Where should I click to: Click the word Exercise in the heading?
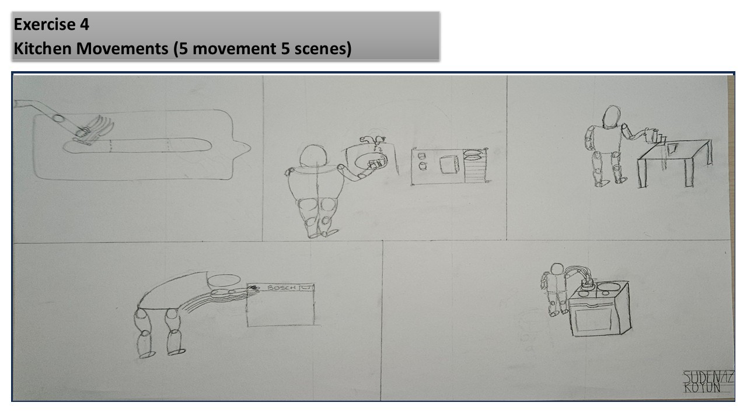click(44, 24)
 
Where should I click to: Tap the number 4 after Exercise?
click(85, 24)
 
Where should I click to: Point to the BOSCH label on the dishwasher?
click(281, 288)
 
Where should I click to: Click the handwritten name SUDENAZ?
click(708, 377)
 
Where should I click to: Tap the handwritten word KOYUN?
click(701, 388)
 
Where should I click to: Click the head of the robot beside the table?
click(611, 117)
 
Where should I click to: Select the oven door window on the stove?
click(594, 320)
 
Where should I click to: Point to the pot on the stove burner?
click(588, 283)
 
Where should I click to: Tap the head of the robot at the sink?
click(313, 156)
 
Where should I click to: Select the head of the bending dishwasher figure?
click(224, 281)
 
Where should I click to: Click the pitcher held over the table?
click(651, 136)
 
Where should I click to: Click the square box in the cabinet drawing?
click(449, 164)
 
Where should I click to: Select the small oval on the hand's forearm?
click(59, 118)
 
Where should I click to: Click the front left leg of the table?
click(643, 174)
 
